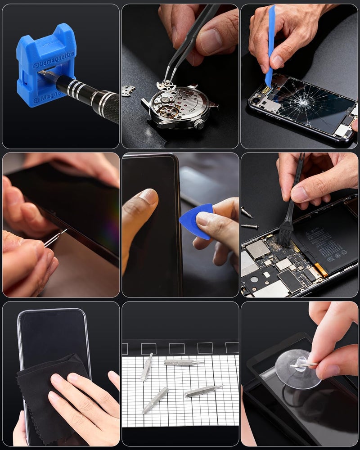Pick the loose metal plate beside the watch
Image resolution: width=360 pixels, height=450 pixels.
tap(128, 90)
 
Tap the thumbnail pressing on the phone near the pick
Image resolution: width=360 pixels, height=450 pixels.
tap(148, 197)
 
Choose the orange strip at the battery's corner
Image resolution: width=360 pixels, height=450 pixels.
tap(321, 270)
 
